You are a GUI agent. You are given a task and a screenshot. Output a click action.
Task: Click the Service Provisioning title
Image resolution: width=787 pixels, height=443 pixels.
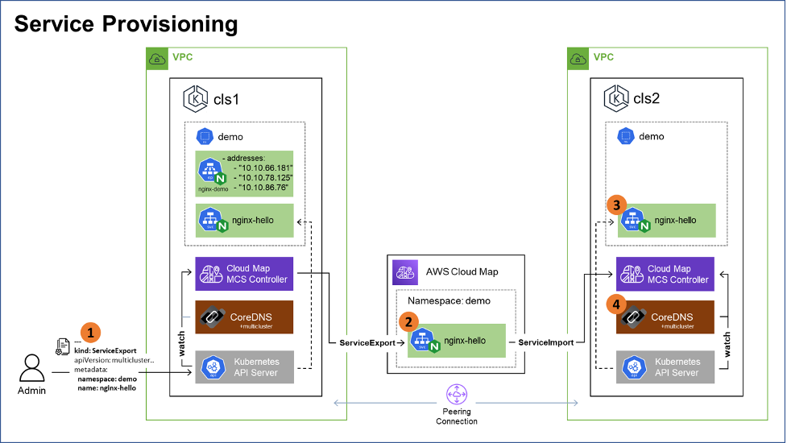tap(126, 24)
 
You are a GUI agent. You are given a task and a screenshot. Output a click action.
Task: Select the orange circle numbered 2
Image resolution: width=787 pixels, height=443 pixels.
tap(410, 321)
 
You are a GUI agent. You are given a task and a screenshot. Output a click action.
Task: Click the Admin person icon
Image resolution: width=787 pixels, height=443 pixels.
tap(32, 368)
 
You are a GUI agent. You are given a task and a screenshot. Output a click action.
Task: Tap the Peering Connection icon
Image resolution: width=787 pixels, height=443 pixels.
tap(457, 395)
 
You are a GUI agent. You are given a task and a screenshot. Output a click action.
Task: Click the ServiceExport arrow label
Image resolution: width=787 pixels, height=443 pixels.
tap(367, 342)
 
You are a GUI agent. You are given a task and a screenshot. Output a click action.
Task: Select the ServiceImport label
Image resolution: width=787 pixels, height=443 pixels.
tap(545, 342)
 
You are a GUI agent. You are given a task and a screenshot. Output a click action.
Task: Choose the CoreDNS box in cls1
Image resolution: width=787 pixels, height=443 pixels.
tap(244, 317)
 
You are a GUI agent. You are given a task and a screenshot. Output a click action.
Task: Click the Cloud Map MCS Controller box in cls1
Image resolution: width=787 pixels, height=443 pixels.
tap(244, 274)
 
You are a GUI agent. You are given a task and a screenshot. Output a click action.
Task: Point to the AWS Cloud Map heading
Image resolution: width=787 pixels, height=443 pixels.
tap(462, 271)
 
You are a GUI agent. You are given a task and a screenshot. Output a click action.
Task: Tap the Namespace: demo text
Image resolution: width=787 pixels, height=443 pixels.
tap(443, 300)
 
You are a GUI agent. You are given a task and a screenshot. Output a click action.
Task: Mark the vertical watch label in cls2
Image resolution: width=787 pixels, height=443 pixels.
tap(727, 345)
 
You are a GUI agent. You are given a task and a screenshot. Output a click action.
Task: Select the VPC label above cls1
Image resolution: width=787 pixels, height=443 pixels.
tap(182, 57)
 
